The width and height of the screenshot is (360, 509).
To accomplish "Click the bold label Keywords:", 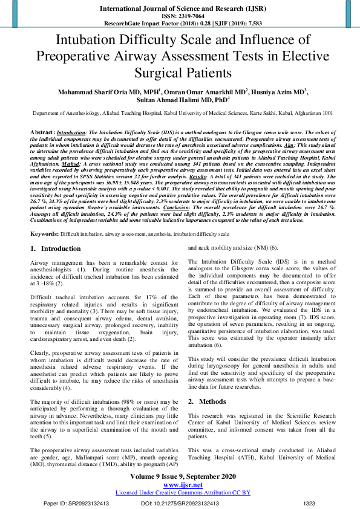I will pyautogui.click(x=44, y=233).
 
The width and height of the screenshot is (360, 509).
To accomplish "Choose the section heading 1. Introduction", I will pyautogui.click(x=55, y=248).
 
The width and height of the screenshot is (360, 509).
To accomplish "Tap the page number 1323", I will pyautogui.click(x=309, y=503).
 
